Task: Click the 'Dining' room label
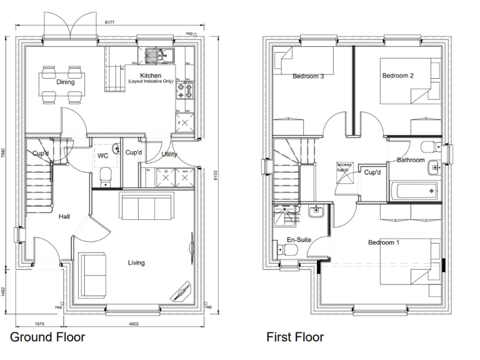[65, 82]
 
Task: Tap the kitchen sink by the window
[161, 56]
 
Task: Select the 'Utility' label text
[169, 154]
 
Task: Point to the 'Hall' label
[64, 217]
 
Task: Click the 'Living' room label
[136, 263]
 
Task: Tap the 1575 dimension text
[39, 324]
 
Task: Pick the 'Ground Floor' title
[47, 338]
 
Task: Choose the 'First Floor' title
[295, 338]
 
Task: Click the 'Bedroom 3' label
[308, 77]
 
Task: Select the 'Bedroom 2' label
[397, 76]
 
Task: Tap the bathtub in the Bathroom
[414, 189]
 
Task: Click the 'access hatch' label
[344, 167]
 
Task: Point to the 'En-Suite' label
[299, 240]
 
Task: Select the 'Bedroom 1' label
[383, 242]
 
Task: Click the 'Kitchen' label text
[151, 76]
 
